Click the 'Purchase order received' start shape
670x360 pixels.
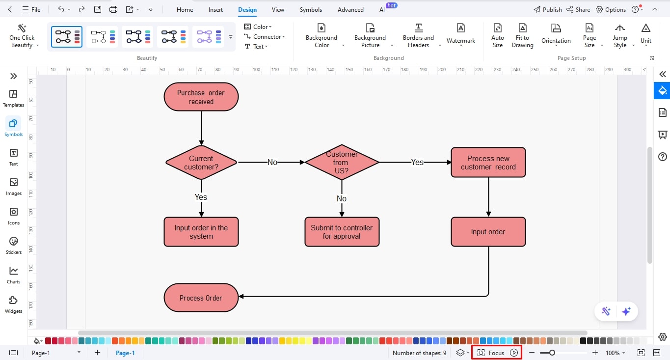[201, 97]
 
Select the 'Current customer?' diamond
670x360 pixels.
[201, 163]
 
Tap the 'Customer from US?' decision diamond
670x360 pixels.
[342, 162]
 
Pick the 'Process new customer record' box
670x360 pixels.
[488, 163]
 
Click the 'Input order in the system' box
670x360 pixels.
[201, 232]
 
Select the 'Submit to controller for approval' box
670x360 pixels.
[342, 232]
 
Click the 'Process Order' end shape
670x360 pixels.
[201, 298]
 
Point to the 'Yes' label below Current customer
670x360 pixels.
[201, 197]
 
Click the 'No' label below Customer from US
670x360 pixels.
[342, 198]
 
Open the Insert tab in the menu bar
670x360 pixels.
[215, 9]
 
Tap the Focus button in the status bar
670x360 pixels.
[496, 353]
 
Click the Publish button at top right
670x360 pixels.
[547, 9]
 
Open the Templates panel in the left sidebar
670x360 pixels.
[13, 98]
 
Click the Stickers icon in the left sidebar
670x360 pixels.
[13, 246]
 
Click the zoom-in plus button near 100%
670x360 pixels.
[595, 353]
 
